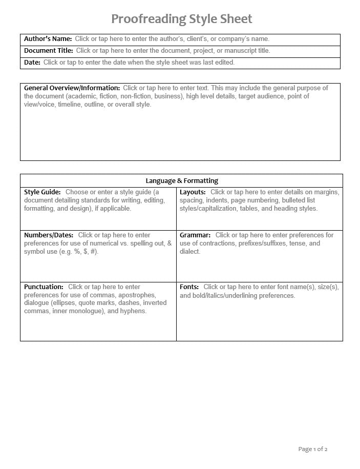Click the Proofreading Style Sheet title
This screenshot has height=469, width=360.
click(x=181, y=19)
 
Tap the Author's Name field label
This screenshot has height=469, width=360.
click(x=48, y=38)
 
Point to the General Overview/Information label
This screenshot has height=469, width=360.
click(x=72, y=88)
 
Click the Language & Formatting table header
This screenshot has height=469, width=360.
click(x=182, y=180)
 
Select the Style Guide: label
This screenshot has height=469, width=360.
click(x=42, y=192)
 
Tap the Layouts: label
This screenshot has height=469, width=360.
click(x=193, y=192)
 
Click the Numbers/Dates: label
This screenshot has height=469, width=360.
click(x=49, y=235)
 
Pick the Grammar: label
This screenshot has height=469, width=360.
click(x=195, y=235)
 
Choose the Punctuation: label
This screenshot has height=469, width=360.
click(x=44, y=287)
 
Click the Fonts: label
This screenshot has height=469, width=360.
click(x=189, y=287)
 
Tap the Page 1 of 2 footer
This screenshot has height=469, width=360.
click(x=312, y=449)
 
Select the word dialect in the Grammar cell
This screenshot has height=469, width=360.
click(x=189, y=252)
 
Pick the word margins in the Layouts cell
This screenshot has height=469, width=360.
click(x=325, y=192)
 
